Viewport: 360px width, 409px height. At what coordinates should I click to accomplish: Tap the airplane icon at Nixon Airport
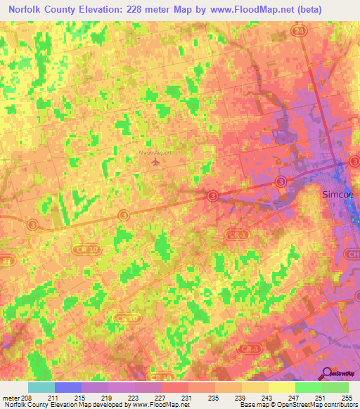tap(155, 163)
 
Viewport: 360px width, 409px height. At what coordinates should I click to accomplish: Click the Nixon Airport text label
tap(155, 152)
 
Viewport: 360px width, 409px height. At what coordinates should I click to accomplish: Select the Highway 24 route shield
tap(299, 31)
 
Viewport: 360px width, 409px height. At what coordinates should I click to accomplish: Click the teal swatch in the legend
tap(41, 387)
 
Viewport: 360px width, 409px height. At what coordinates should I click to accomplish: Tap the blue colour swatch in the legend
tap(68, 387)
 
